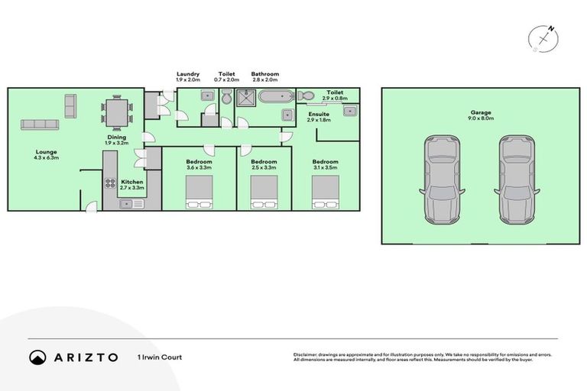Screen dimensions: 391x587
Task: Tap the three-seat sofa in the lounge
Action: [x=41, y=124]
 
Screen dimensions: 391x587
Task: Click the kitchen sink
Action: [x=125, y=203]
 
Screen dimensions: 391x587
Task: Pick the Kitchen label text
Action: [x=132, y=183]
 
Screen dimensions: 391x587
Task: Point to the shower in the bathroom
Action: [x=246, y=97]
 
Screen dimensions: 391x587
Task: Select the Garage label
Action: [x=481, y=113]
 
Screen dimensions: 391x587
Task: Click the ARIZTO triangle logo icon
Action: [x=37, y=357]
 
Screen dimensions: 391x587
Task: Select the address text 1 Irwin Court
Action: [x=160, y=357]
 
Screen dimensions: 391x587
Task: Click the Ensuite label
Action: [x=318, y=115]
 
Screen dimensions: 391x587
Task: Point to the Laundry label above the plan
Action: [x=187, y=74]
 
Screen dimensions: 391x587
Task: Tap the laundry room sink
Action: [x=207, y=96]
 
